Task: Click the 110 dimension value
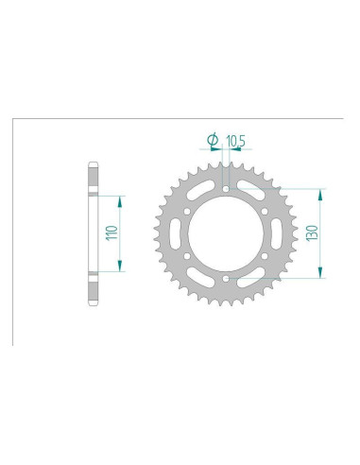110,232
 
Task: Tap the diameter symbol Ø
212,142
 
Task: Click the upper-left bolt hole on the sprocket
186,211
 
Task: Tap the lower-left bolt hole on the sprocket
186,256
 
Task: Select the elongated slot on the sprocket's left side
176,233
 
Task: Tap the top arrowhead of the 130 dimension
321,193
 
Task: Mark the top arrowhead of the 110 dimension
121,199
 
